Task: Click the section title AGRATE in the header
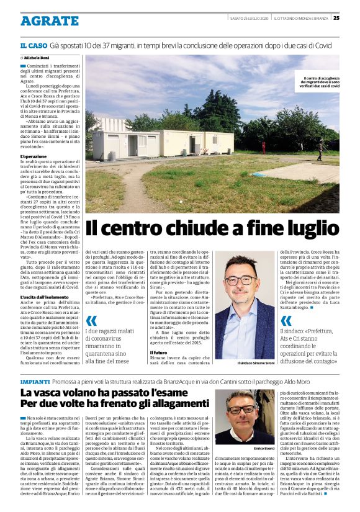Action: [49, 21]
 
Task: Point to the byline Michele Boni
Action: [38, 57]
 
